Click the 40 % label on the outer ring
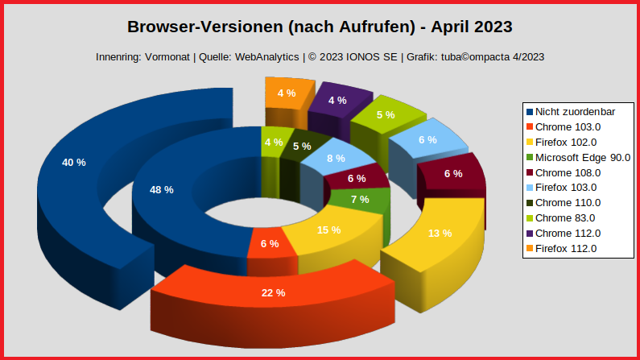tap(73, 162)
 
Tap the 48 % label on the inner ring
tap(162, 189)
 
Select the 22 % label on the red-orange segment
tap(273, 292)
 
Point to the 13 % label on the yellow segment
tap(440, 234)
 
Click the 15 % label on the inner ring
tap(328, 230)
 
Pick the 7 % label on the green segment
tap(360, 199)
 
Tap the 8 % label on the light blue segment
tap(336, 158)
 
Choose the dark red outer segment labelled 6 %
tap(453, 173)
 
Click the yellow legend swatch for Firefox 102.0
tap(529, 142)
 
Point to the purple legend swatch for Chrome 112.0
tap(529, 233)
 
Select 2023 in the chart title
tap(485, 27)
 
